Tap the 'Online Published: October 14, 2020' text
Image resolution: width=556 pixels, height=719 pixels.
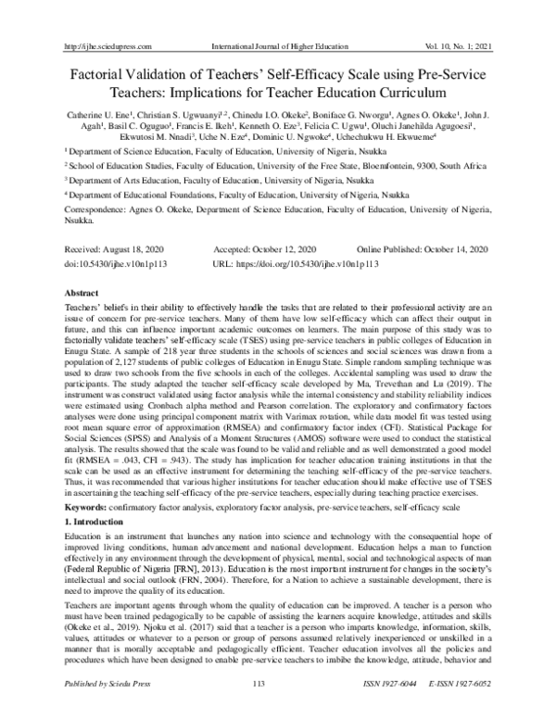click(x=423, y=250)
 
